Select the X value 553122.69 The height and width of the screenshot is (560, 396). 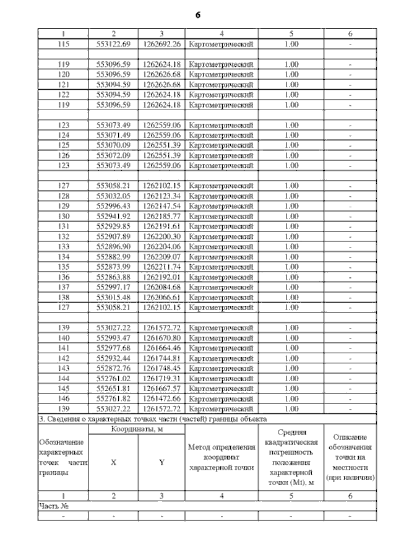(x=114, y=44)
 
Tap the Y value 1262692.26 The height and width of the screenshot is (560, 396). (x=161, y=44)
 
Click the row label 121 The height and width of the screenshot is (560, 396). (x=64, y=85)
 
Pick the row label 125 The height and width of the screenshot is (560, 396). (x=64, y=145)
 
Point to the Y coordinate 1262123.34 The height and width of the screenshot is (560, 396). (x=161, y=196)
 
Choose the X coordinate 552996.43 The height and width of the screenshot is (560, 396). (x=114, y=205)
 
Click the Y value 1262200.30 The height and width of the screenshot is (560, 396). (x=161, y=236)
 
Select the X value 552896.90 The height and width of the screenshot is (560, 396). (x=114, y=246)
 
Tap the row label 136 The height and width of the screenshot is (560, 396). (x=64, y=276)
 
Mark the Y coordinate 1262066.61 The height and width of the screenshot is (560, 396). (x=161, y=296)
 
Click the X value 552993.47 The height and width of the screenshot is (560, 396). (x=114, y=337)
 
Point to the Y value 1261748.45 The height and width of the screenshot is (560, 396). (x=161, y=368)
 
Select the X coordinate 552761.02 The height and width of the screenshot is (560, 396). (x=114, y=377)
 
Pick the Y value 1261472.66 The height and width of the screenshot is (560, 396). (x=161, y=398)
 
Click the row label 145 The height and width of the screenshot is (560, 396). (x=64, y=388)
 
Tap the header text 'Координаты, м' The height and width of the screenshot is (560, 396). (x=137, y=429)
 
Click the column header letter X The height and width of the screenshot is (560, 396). (x=113, y=462)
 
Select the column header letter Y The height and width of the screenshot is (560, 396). (x=161, y=462)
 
